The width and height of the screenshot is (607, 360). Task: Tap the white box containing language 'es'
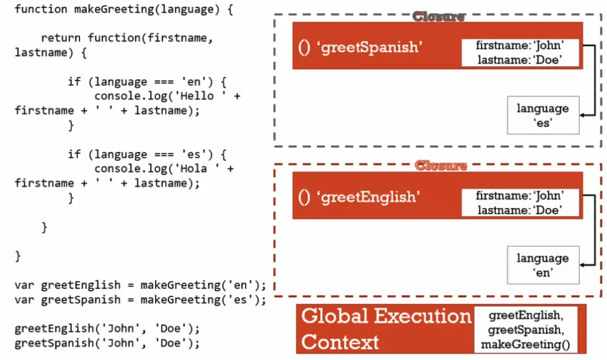543,116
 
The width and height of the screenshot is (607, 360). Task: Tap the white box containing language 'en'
543,265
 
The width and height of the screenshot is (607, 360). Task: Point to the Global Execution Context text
385,329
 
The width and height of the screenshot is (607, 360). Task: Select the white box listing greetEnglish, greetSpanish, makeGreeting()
529,329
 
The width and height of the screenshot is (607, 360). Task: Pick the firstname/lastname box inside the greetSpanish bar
520,53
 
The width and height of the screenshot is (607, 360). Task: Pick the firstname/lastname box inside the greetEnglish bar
520,203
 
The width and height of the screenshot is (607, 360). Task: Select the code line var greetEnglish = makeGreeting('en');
140,285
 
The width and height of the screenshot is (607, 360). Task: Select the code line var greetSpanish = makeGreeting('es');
140,300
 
